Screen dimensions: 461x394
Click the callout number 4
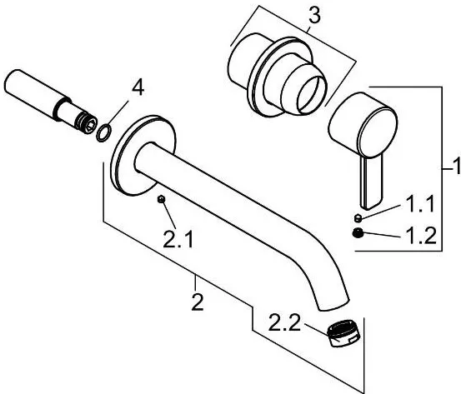(138, 88)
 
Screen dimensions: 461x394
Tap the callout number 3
(314, 16)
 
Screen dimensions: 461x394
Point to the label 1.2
(421, 236)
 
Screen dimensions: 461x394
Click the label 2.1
(178, 239)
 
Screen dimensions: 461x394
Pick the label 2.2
(284, 322)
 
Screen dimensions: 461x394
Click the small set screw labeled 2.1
(161, 199)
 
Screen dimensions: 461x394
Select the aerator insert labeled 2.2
(344, 334)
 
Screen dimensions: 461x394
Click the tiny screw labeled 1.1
(358, 218)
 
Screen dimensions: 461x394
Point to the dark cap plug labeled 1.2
(358, 233)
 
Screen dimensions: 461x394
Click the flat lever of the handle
(372, 182)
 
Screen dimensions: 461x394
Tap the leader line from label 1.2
(383, 234)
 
